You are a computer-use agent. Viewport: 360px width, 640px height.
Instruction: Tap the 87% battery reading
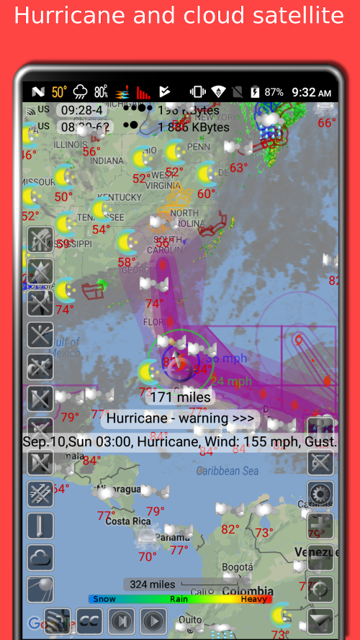[274, 92]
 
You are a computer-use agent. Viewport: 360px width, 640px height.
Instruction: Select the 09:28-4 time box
[83, 110]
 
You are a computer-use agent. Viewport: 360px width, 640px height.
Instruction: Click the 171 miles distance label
[179, 397]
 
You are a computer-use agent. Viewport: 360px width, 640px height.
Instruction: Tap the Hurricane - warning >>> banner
[179, 418]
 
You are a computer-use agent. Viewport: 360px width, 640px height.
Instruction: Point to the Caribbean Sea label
[228, 471]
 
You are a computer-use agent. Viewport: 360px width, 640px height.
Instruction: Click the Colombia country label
[247, 590]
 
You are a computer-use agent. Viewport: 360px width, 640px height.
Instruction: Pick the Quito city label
[190, 619]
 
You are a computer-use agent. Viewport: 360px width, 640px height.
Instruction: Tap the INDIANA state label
[107, 160]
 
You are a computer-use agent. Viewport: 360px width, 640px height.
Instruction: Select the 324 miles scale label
[152, 585]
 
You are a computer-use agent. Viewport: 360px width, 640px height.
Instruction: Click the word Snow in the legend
[104, 598]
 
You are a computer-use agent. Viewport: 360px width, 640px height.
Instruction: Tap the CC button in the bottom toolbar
[89, 621]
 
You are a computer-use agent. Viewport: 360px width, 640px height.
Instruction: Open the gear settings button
[320, 494]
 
